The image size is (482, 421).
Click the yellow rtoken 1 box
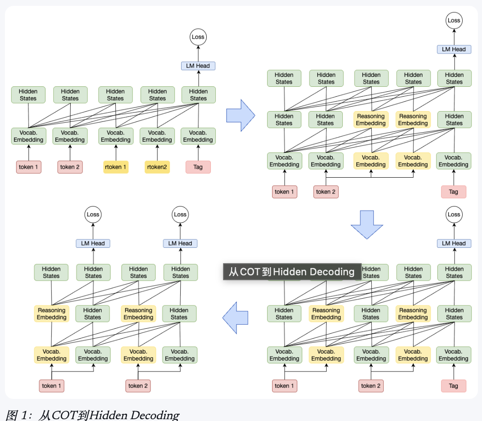(x=116, y=167)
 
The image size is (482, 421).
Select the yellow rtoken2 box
(x=157, y=167)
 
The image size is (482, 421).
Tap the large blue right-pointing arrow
(x=241, y=116)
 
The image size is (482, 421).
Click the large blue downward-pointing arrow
(x=367, y=224)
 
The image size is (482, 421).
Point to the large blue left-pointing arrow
(x=235, y=318)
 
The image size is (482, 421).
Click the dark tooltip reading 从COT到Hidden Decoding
(x=292, y=272)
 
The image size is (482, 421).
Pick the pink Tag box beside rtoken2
(x=198, y=167)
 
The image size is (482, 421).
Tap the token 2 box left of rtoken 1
(x=70, y=167)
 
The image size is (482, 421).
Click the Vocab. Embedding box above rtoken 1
(x=116, y=136)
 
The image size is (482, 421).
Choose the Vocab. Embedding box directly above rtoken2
(x=157, y=136)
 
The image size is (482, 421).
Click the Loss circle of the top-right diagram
(x=454, y=21)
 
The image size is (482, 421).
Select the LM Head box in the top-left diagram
(x=198, y=66)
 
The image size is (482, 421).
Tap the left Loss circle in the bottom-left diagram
(x=93, y=215)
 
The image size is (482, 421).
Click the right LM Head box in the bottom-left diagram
(x=180, y=243)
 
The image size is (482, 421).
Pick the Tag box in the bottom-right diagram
(x=454, y=386)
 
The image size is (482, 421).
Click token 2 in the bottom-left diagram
(x=138, y=386)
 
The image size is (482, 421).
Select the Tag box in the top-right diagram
(x=454, y=192)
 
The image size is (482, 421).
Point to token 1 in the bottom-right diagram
(x=284, y=386)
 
